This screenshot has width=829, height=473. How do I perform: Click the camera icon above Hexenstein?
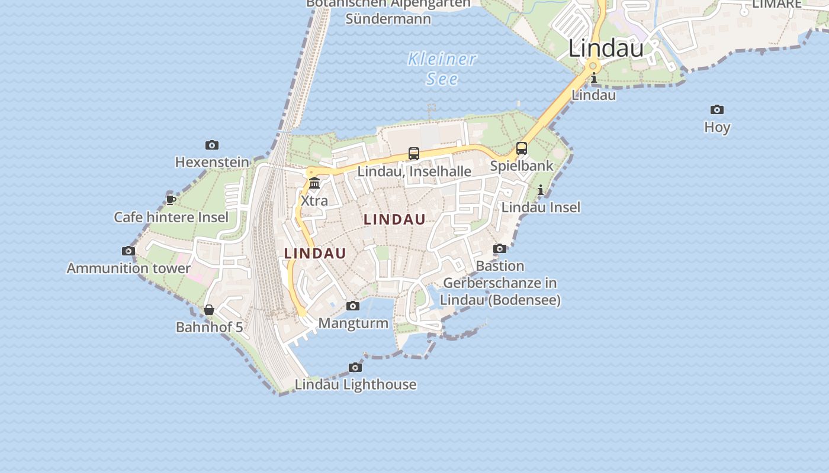212,145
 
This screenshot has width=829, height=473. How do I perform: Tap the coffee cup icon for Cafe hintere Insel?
171,200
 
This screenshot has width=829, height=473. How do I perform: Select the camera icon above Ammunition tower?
128,251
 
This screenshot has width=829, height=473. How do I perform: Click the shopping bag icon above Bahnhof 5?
209,310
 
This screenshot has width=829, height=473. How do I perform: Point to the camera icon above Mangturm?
353,306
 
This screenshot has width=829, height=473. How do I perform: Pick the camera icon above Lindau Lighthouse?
355,368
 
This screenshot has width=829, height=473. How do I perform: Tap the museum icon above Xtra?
314,183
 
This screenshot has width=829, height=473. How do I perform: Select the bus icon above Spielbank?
522,148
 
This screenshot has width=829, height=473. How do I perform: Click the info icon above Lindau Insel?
541,190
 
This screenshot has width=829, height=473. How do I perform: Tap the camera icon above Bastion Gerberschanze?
500,249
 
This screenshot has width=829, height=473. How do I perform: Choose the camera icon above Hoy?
717,110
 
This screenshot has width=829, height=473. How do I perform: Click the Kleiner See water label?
442,69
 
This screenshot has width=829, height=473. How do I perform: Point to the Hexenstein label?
212,162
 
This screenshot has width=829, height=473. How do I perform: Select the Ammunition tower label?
128,268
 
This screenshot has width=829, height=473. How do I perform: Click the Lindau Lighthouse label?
355,384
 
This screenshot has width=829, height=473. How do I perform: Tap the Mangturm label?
354,323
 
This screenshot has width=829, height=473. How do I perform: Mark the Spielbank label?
522,166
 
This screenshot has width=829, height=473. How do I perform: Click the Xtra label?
314,200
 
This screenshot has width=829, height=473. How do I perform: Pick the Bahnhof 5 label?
209,327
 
